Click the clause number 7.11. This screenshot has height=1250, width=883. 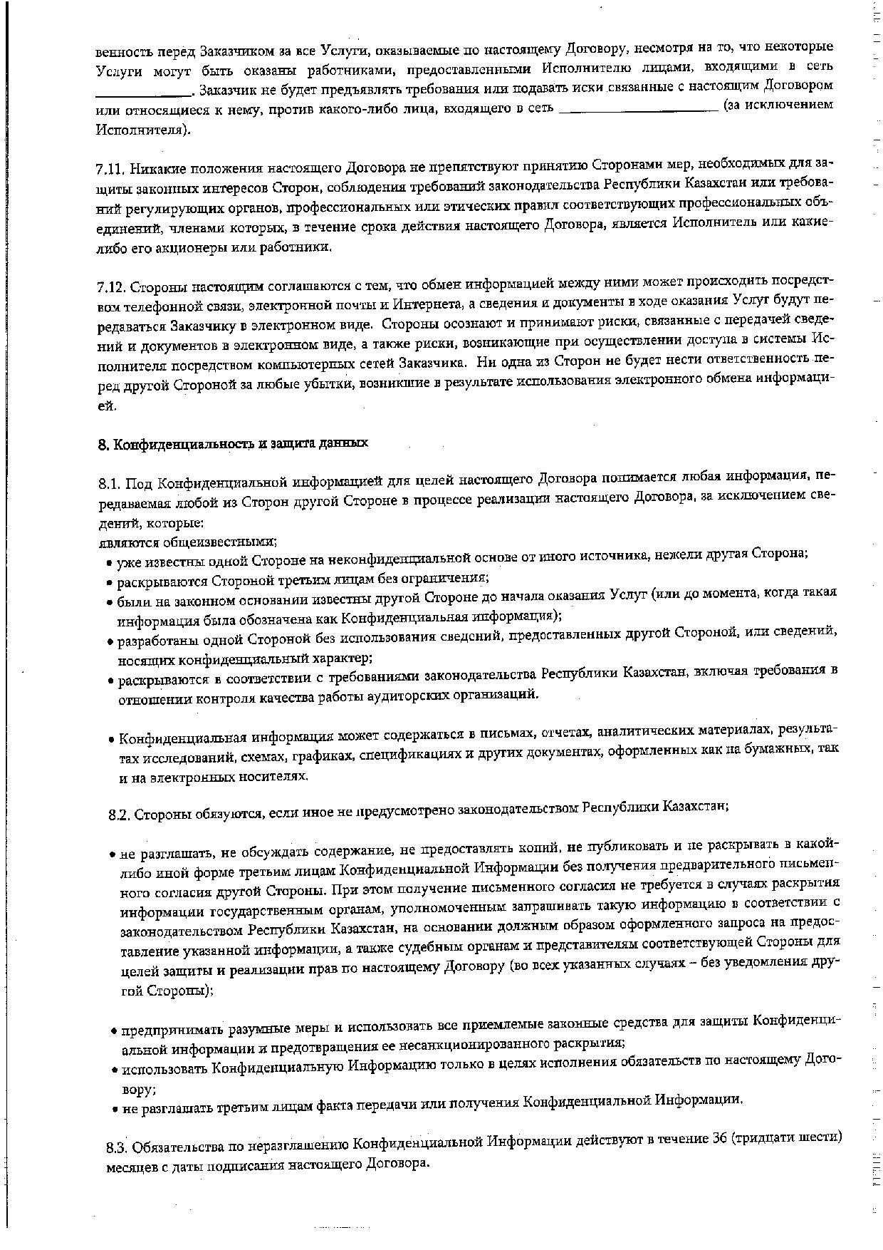(110, 170)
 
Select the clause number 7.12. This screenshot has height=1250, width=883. (110, 287)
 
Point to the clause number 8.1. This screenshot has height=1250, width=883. (112, 485)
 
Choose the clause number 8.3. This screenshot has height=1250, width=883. (118, 1147)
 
